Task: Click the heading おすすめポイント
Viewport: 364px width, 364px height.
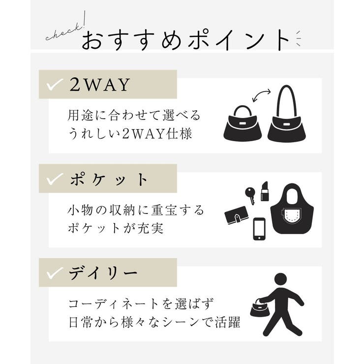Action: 185,40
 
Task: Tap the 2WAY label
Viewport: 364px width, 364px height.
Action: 99,85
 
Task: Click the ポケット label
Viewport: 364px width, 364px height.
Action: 109,179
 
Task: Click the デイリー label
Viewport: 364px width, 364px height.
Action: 103,273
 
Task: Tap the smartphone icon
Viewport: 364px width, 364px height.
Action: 259,229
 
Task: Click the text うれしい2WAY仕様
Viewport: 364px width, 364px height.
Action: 129,133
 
